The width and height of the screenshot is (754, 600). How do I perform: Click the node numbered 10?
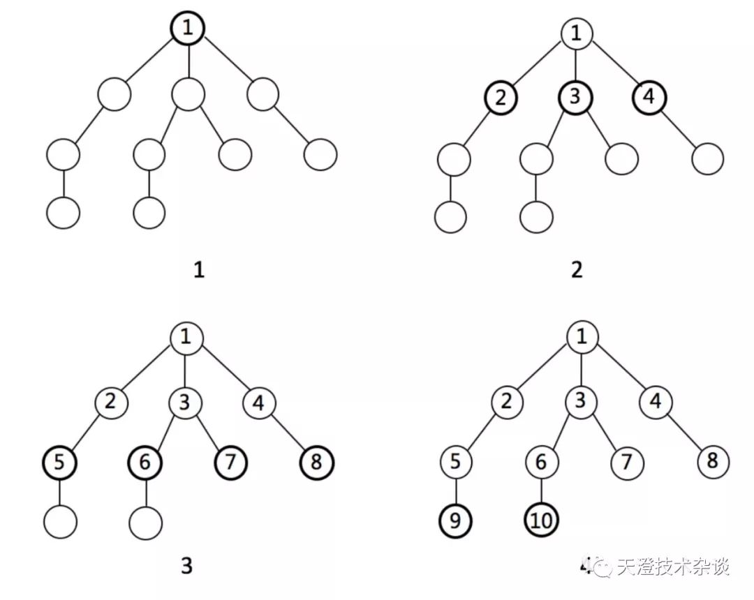click(x=541, y=520)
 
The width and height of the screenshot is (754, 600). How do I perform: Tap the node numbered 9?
click(x=456, y=520)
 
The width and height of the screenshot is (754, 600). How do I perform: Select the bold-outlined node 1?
click(x=187, y=29)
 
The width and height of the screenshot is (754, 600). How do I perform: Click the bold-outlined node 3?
click(x=575, y=98)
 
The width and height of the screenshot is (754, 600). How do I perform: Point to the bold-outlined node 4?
click(x=649, y=98)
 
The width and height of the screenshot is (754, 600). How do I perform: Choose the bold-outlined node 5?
click(x=59, y=462)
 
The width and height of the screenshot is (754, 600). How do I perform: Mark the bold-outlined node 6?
click(x=145, y=462)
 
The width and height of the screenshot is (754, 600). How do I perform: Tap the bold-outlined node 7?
click(x=230, y=462)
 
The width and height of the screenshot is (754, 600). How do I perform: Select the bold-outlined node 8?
click(x=316, y=462)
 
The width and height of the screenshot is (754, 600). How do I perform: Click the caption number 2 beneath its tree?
click(x=576, y=269)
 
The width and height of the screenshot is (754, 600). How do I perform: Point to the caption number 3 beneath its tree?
click(x=186, y=567)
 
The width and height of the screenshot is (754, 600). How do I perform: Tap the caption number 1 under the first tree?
click(x=199, y=269)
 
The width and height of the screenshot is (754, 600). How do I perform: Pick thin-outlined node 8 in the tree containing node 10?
click(x=711, y=462)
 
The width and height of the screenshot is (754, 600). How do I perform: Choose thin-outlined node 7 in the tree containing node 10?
click(x=626, y=462)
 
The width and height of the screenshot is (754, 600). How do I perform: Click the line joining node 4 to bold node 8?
click(x=288, y=433)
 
